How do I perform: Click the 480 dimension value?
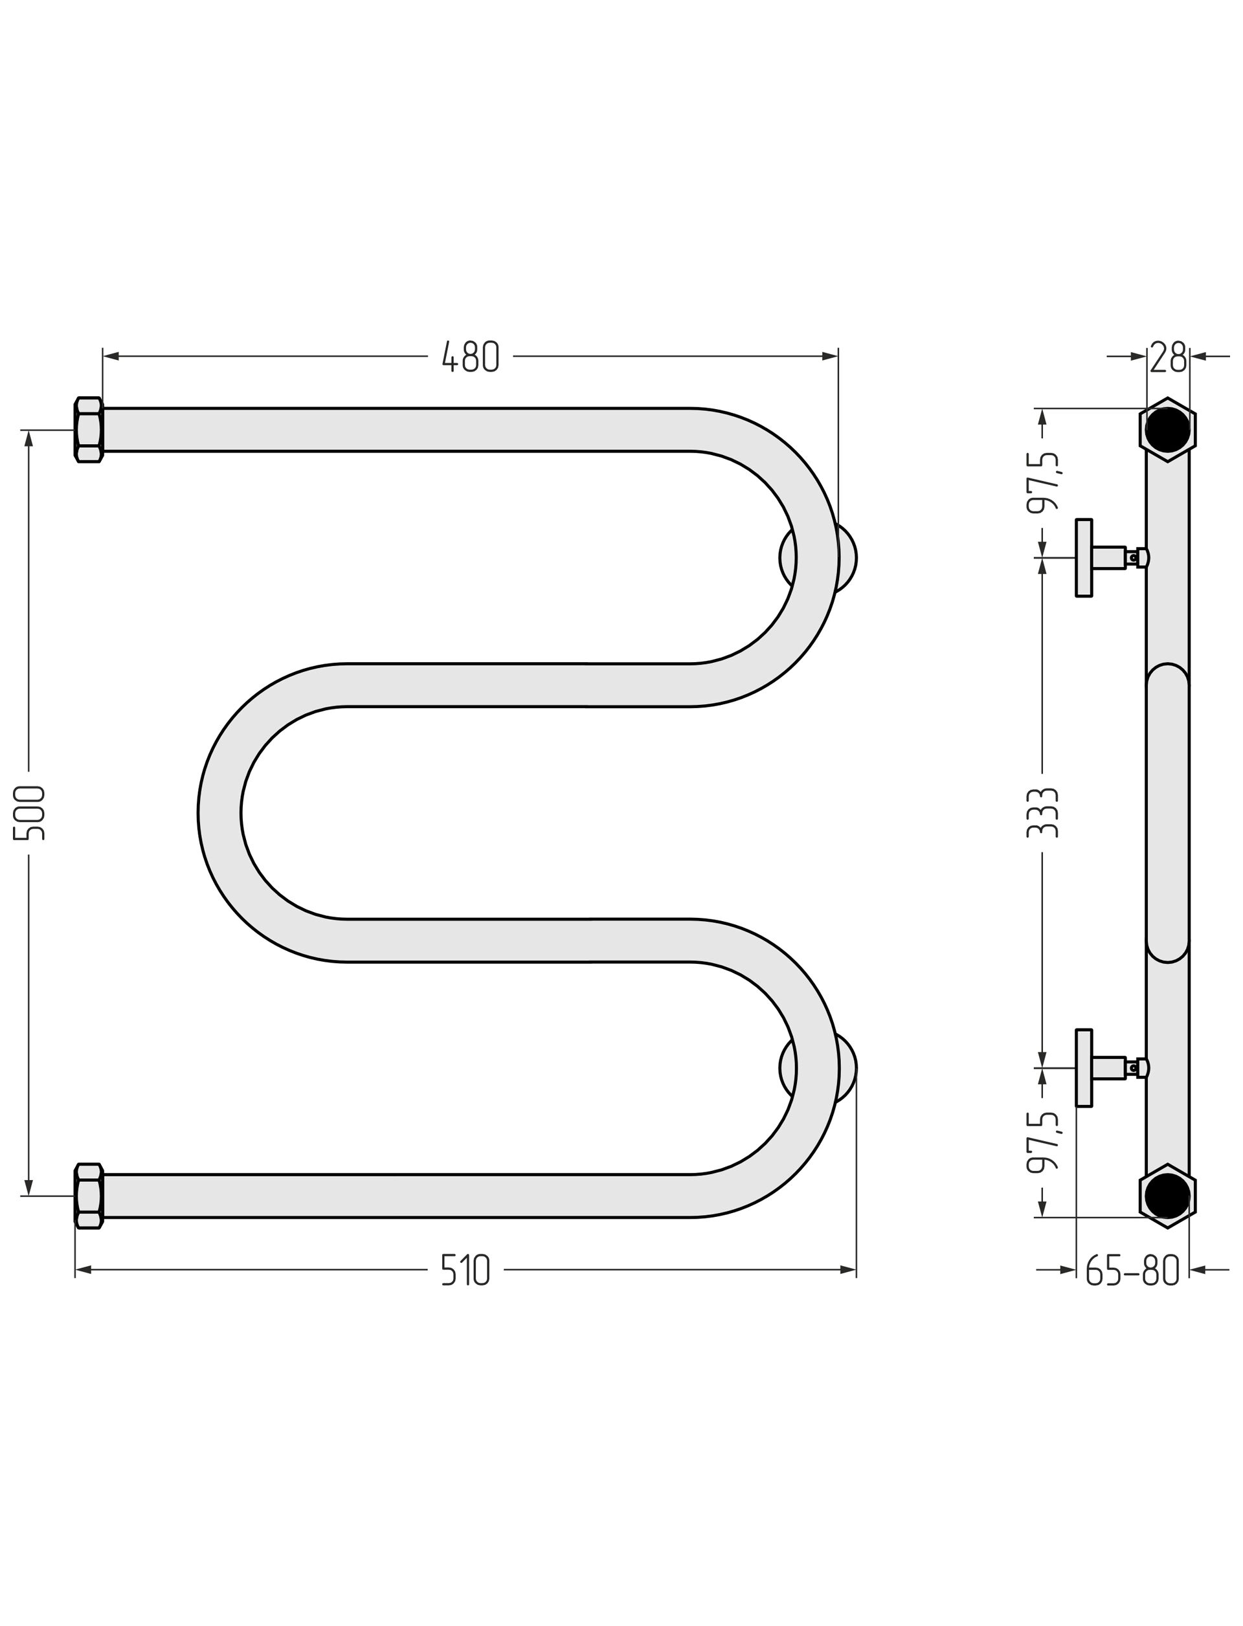[x=471, y=357]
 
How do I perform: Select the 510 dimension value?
[x=465, y=1270]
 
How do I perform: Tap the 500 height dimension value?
[x=30, y=812]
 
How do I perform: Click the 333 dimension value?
[x=1042, y=812]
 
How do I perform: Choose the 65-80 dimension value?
[x=1132, y=1270]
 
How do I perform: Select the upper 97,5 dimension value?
[x=1042, y=482]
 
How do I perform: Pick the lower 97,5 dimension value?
[x=1042, y=1141]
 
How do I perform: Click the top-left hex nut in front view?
[x=89, y=430]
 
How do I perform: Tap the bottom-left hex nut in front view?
[x=89, y=1196]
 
